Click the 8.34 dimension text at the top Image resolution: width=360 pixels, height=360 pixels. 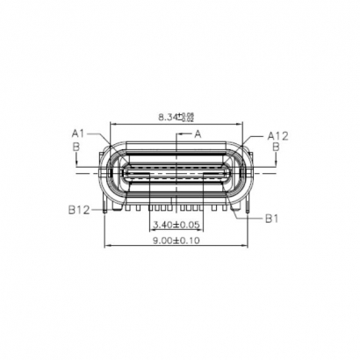(x=168, y=116)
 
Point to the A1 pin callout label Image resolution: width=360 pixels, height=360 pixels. (x=77, y=133)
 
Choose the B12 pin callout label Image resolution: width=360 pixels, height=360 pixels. (x=81, y=211)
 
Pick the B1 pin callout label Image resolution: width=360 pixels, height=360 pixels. (x=272, y=217)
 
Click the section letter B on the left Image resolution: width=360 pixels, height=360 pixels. (x=76, y=147)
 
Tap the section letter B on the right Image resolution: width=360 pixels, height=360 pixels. (x=277, y=148)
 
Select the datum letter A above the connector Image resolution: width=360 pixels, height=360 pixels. (x=198, y=133)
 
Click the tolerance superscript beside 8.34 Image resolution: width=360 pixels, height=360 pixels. (x=188, y=114)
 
